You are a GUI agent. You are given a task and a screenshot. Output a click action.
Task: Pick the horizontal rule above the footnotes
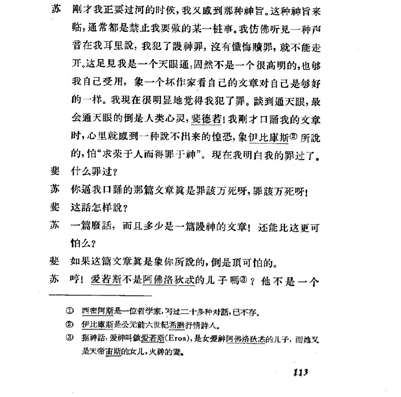pyautogui.click(x=100, y=295)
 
